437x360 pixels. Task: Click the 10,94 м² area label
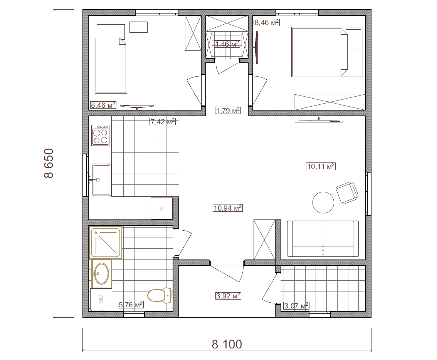tap(228, 208)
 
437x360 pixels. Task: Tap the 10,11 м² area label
tap(321, 166)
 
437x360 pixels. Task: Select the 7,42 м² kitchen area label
tap(163, 121)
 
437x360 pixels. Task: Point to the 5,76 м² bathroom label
tap(131, 305)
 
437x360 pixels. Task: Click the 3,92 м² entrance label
tap(228, 296)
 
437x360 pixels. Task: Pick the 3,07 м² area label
tap(296, 306)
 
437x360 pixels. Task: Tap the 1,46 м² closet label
tap(227, 44)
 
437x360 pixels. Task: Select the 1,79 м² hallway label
tap(228, 111)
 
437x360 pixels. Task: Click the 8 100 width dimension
tap(227, 345)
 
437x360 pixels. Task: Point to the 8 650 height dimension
tap(49, 163)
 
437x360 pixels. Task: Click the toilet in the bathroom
tap(159, 295)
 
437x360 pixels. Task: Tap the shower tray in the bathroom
tap(106, 242)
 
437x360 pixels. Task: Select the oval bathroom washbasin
tap(102, 273)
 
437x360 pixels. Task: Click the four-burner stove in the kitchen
tap(101, 135)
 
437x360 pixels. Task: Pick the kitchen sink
tap(101, 179)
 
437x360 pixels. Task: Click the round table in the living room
tap(323, 203)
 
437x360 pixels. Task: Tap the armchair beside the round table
tap(347, 193)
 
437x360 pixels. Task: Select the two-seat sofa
tap(323, 239)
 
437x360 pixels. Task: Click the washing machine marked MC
tap(101, 299)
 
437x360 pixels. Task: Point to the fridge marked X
tap(161, 208)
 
